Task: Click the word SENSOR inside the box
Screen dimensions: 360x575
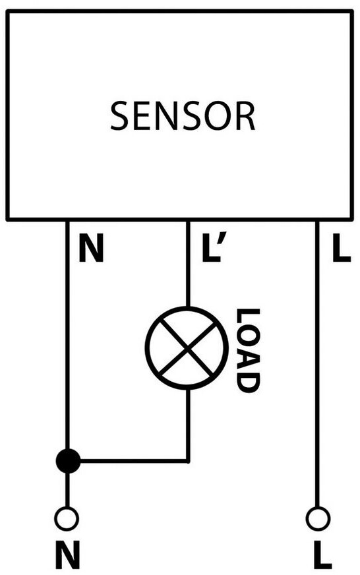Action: (x=183, y=117)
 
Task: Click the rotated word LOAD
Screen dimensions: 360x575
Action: (x=248, y=351)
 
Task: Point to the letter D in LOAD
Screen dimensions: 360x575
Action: (x=248, y=382)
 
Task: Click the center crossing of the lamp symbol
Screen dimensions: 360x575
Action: (x=187, y=348)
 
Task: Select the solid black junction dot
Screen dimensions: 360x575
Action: (x=68, y=460)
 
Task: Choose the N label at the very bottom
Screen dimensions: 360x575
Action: (x=67, y=555)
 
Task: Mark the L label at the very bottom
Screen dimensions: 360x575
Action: (x=323, y=555)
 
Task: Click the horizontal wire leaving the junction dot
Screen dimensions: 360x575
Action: (x=134, y=460)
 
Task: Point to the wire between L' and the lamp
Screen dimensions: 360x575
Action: (x=188, y=264)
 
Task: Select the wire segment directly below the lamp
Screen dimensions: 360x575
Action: (x=188, y=425)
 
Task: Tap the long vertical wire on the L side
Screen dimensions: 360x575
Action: (x=318, y=364)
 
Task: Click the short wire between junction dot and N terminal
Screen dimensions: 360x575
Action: (x=67, y=490)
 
